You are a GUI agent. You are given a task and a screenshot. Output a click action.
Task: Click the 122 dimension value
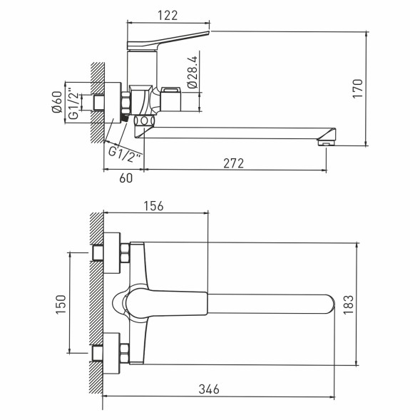click(x=169, y=15)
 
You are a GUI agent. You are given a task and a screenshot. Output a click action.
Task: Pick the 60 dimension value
click(x=125, y=178)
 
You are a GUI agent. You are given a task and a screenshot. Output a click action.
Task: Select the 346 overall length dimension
click(x=208, y=389)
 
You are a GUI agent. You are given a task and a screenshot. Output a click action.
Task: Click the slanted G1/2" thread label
click(x=125, y=151)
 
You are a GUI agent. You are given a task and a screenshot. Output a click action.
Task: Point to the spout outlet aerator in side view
click(x=324, y=143)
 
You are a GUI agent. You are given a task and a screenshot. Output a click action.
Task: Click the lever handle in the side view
click(x=168, y=41)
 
